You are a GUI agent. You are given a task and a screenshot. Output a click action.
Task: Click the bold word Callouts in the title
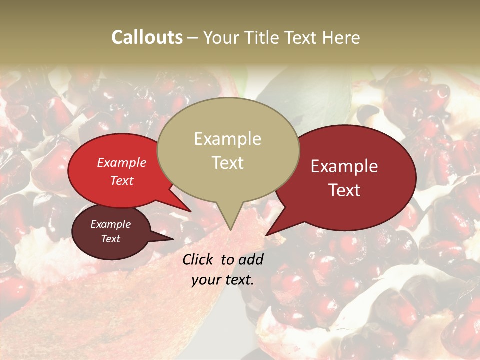coord(147,37)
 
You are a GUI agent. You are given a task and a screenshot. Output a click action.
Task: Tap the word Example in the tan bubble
coord(227,139)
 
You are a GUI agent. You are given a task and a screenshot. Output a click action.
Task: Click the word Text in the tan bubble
coord(227,162)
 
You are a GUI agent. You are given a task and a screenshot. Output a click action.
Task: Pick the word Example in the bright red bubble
coord(121,162)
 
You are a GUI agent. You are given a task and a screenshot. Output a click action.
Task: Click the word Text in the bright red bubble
coord(121,180)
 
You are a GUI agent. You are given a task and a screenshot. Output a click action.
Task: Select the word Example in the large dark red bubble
coord(344,166)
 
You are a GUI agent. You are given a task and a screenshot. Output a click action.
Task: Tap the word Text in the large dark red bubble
coord(344,190)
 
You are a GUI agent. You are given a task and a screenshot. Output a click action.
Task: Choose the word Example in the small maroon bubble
coord(110,224)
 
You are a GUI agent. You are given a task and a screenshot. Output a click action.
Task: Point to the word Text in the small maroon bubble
coord(110,239)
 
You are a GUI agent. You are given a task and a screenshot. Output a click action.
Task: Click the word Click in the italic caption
coord(199,259)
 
